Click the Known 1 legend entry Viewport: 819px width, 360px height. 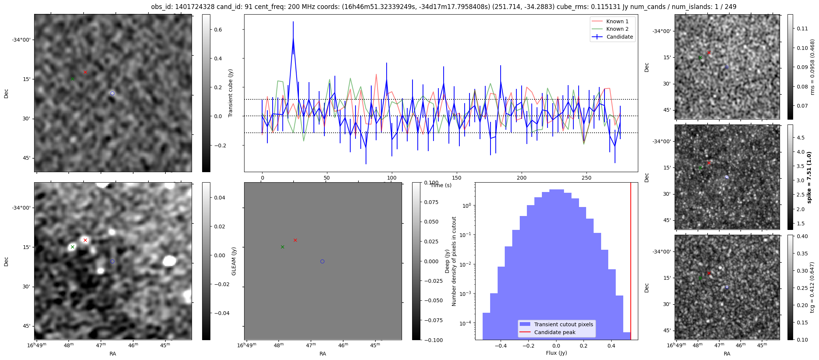click(612, 21)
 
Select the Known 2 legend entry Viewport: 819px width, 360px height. click(612, 29)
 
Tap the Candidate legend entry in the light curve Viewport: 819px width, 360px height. click(612, 37)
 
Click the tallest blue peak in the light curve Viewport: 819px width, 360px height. click(293, 37)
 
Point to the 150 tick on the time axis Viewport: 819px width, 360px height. click(457, 178)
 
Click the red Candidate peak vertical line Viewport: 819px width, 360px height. click(631, 261)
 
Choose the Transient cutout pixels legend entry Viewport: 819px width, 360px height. click(556, 324)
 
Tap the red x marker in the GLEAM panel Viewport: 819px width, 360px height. click(295, 240)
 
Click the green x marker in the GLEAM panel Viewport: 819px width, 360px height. click(282, 247)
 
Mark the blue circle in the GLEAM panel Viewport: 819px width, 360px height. click(322, 261)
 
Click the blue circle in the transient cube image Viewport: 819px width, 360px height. click(112, 93)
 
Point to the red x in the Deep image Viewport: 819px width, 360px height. click(85, 240)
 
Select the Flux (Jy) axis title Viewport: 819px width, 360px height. click(556, 353)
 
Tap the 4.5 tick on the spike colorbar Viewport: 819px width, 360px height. click(800, 138)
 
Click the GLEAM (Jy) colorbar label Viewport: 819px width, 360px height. click(234, 261)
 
